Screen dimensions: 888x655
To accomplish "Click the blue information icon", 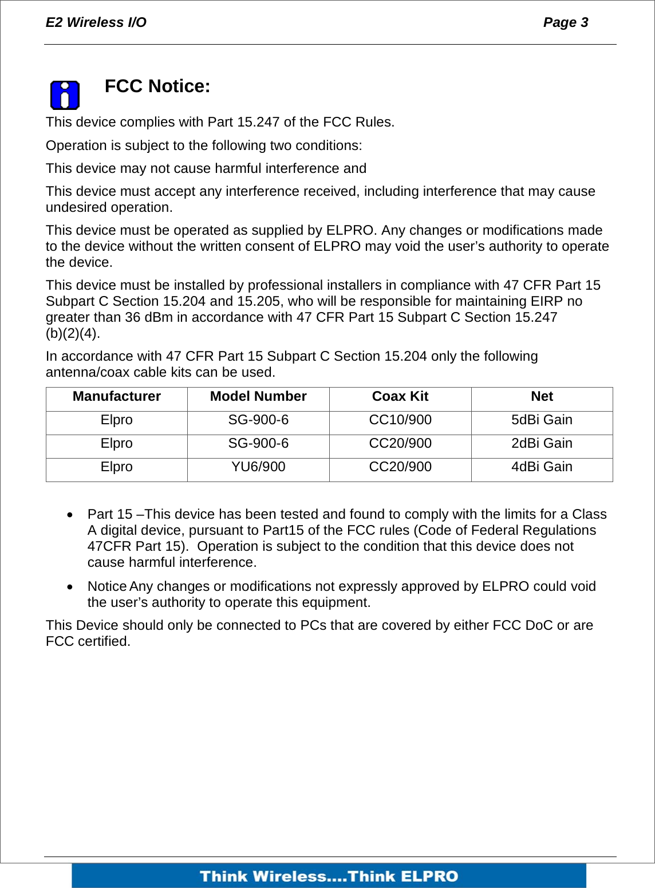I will [65, 95].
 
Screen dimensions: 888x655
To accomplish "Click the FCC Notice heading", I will [157, 86].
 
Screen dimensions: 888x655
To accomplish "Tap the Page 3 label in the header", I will [565, 22].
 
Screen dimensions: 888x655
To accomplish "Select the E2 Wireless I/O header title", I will [96, 22].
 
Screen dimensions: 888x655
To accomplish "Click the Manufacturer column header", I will [117, 397].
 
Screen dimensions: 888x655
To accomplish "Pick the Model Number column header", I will [258, 397].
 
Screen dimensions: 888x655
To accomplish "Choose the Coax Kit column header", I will [400, 397].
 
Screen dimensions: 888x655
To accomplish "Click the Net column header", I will [542, 397].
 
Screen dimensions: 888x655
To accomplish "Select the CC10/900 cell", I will [400, 420].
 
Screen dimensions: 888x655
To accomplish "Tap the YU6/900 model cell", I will [258, 467].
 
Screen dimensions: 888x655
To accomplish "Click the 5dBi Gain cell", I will [542, 420].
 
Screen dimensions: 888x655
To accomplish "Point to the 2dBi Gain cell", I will [542, 444].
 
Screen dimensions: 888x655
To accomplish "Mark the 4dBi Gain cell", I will [542, 467].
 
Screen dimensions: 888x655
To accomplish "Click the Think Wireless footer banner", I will [329, 876].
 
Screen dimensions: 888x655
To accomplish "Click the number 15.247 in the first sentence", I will [258, 123].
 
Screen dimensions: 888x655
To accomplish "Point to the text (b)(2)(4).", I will [73, 333].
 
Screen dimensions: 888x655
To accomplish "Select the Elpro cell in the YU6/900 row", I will [117, 467].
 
